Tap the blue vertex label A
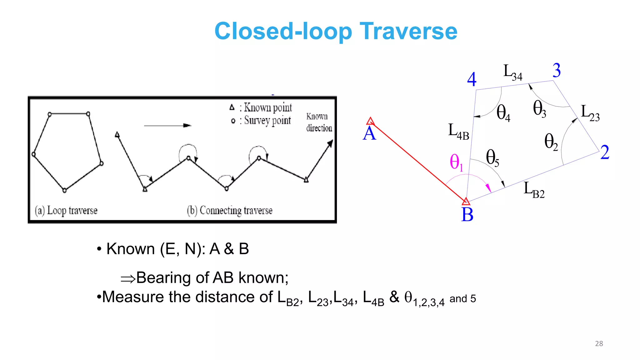[x=369, y=134]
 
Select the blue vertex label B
[x=467, y=215]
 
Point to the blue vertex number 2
[x=605, y=152]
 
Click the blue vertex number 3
[x=557, y=70]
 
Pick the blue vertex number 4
[x=472, y=79]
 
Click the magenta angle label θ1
[x=456, y=162]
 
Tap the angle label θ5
[x=492, y=157]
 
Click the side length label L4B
[x=458, y=131]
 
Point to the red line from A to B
[x=419, y=162]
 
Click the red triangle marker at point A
[x=370, y=121]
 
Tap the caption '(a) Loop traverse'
[x=66, y=211]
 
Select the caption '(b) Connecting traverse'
[x=230, y=211]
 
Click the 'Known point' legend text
[x=267, y=107]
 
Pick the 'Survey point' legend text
[x=267, y=120]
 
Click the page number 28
[x=599, y=344]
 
